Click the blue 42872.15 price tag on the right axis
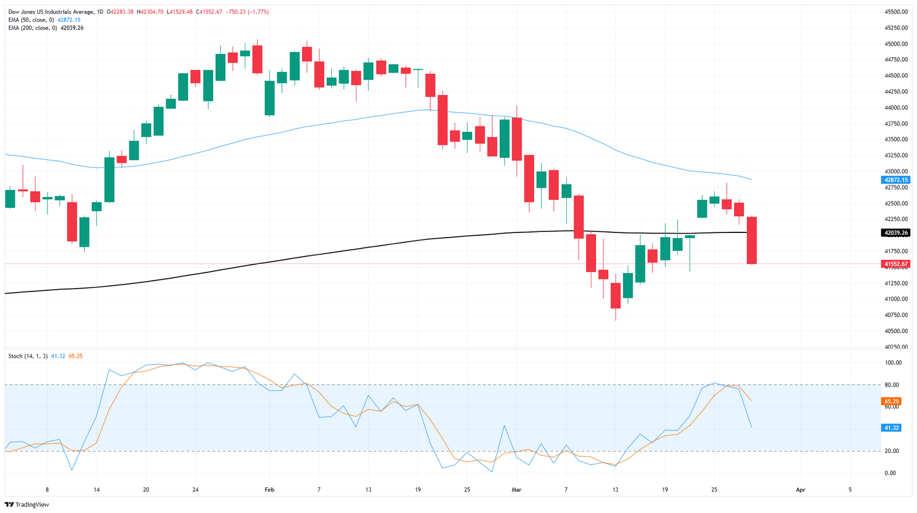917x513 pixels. [896, 180]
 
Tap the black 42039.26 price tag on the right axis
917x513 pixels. [896, 233]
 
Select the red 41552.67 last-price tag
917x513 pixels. [896, 264]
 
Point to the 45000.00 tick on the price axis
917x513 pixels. [896, 44]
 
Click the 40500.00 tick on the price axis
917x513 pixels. [896, 331]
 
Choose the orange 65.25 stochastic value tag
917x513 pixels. [892, 401]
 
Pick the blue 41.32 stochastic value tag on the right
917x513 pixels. [892, 428]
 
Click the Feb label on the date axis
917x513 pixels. [269, 490]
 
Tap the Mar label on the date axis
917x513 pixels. [517, 490]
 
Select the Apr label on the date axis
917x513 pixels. [801, 490]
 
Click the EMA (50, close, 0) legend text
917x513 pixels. [31, 19]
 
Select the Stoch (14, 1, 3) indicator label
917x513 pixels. [28, 356]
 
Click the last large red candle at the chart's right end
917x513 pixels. [751, 240]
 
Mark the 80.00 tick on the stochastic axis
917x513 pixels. [893, 385]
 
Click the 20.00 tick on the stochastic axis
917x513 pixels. [893, 451]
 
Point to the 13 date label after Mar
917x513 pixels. [616, 490]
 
